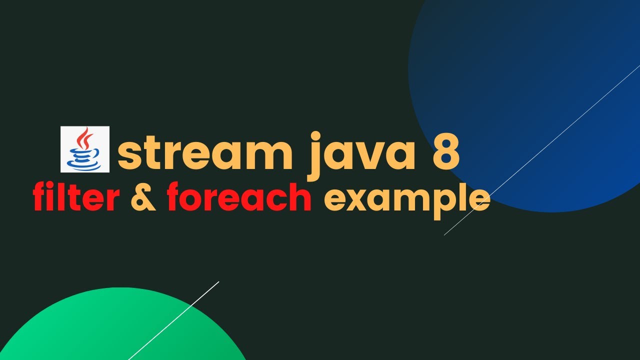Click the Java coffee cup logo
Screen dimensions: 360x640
(x=84, y=149)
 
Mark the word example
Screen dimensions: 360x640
(x=406, y=199)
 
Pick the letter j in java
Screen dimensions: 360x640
(x=316, y=155)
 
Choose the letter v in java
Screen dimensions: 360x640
(x=377, y=155)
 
